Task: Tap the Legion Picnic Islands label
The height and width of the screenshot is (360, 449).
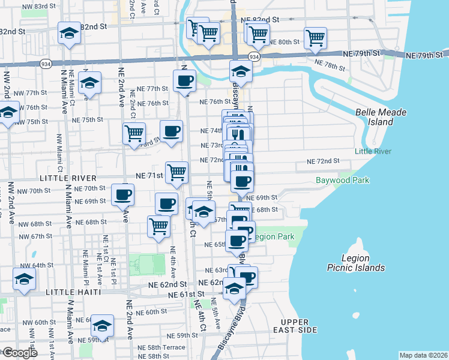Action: [355, 263]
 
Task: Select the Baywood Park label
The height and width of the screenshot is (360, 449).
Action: [342, 180]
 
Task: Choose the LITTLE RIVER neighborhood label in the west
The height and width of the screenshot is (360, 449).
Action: [68, 178]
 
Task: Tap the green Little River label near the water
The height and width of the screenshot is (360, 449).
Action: [373, 152]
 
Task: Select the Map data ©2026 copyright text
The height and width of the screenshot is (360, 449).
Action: [423, 355]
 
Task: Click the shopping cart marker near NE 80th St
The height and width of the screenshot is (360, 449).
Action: [315, 38]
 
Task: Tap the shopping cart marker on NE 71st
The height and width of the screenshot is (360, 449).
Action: [176, 172]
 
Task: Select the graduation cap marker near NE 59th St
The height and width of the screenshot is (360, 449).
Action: [103, 325]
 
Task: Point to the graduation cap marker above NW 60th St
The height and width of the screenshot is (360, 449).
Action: [24, 278]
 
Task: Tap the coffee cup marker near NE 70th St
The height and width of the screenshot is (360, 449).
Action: [123, 194]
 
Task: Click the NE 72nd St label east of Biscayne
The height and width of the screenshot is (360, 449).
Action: [323, 161]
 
